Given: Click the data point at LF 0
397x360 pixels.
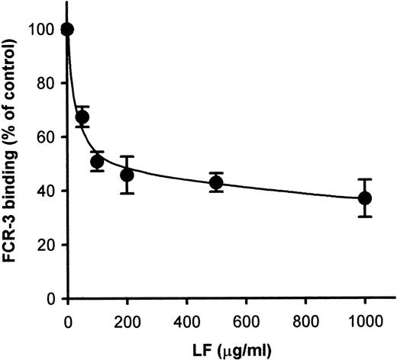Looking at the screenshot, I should [67, 30].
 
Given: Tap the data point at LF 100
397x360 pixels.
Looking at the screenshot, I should [97, 162].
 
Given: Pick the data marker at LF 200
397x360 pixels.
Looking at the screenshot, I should [127, 175].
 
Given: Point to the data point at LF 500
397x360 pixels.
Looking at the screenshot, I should [216, 182].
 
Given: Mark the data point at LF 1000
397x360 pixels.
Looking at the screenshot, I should [365, 198].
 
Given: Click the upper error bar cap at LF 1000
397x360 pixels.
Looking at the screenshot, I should [365, 179].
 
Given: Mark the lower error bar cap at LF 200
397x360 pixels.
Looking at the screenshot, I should [127, 194].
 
